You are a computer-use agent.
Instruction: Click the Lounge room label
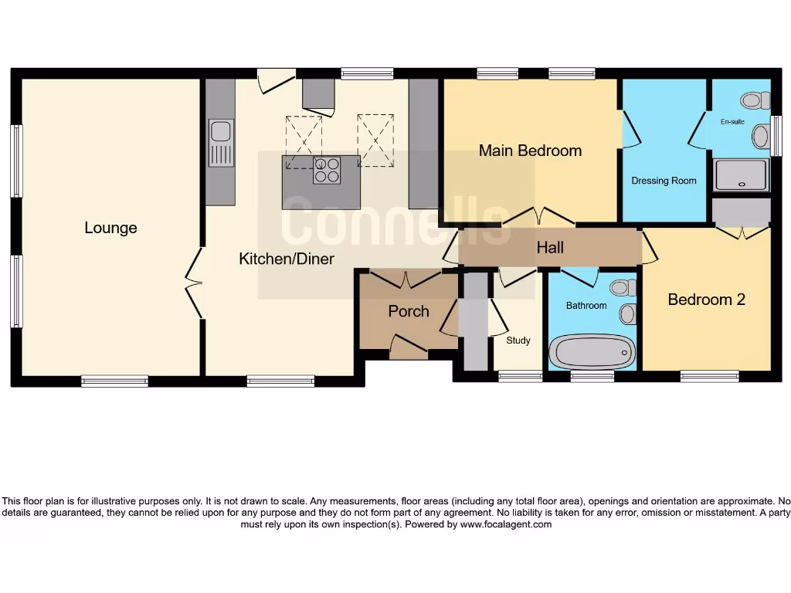[x=110, y=228]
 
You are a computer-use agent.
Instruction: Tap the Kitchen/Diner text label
[x=287, y=259]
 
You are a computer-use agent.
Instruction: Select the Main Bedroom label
[x=530, y=151]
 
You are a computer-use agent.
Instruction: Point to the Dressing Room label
[x=664, y=181]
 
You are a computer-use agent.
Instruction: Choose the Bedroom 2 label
[x=706, y=300]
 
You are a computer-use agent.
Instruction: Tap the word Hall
[x=550, y=247]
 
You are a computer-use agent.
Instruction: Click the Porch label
[x=408, y=311]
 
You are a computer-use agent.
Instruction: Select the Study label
[x=518, y=340]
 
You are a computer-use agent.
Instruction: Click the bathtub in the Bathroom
[x=592, y=352]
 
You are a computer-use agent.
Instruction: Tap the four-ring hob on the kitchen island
[x=326, y=170]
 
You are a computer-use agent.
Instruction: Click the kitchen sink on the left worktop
[x=220, y=143]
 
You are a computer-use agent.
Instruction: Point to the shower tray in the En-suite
[x=741, y=175]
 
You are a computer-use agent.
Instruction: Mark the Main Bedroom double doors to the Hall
[x=539, y=216]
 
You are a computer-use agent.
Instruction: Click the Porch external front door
[x=409, y=347]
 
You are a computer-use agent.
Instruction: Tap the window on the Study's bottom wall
[x=520, y=376]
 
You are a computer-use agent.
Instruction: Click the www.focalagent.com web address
[x=506, y=524]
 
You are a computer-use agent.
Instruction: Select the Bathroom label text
[x=586, y=306]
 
